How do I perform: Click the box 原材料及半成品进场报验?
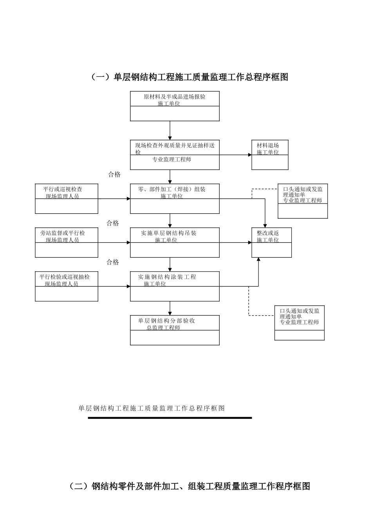coord(175,106)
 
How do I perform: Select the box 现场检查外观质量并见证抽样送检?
coord(175,155)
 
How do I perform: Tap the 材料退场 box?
coord(270,155)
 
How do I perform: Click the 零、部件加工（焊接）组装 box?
coord(175,198)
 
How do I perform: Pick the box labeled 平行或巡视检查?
coord(66,198)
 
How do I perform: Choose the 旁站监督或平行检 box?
coord(66,242)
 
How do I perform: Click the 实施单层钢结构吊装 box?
coord(175,242)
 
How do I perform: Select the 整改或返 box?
coord(271,242)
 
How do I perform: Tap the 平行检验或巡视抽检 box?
coord(66,286)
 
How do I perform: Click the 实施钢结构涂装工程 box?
coord(175,286)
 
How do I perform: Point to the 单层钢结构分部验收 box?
coord(175,330)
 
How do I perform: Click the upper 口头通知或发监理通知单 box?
coord(303,201)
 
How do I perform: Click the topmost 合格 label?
coord(114,175)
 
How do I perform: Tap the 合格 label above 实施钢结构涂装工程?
coord(113,262)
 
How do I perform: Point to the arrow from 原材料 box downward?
coord(170,130)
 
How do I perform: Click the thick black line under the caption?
coord(170,418)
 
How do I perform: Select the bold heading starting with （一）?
coord(189,77)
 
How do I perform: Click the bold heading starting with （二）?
coord(189,486)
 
